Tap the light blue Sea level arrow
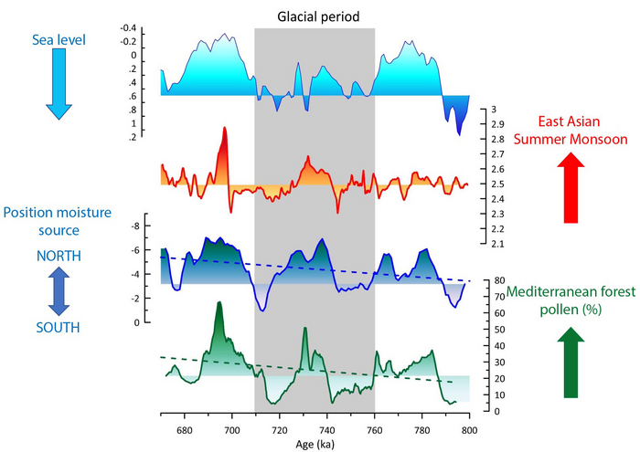[57, 84]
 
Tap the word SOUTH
[57, 327]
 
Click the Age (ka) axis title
[315, 442]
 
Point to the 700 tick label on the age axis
[231, 426]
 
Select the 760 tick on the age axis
[374, 426]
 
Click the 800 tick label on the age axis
[469, 426]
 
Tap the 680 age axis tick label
[184, 426]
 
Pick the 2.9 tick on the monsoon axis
[491, 124]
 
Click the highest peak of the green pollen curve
[219, 303]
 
